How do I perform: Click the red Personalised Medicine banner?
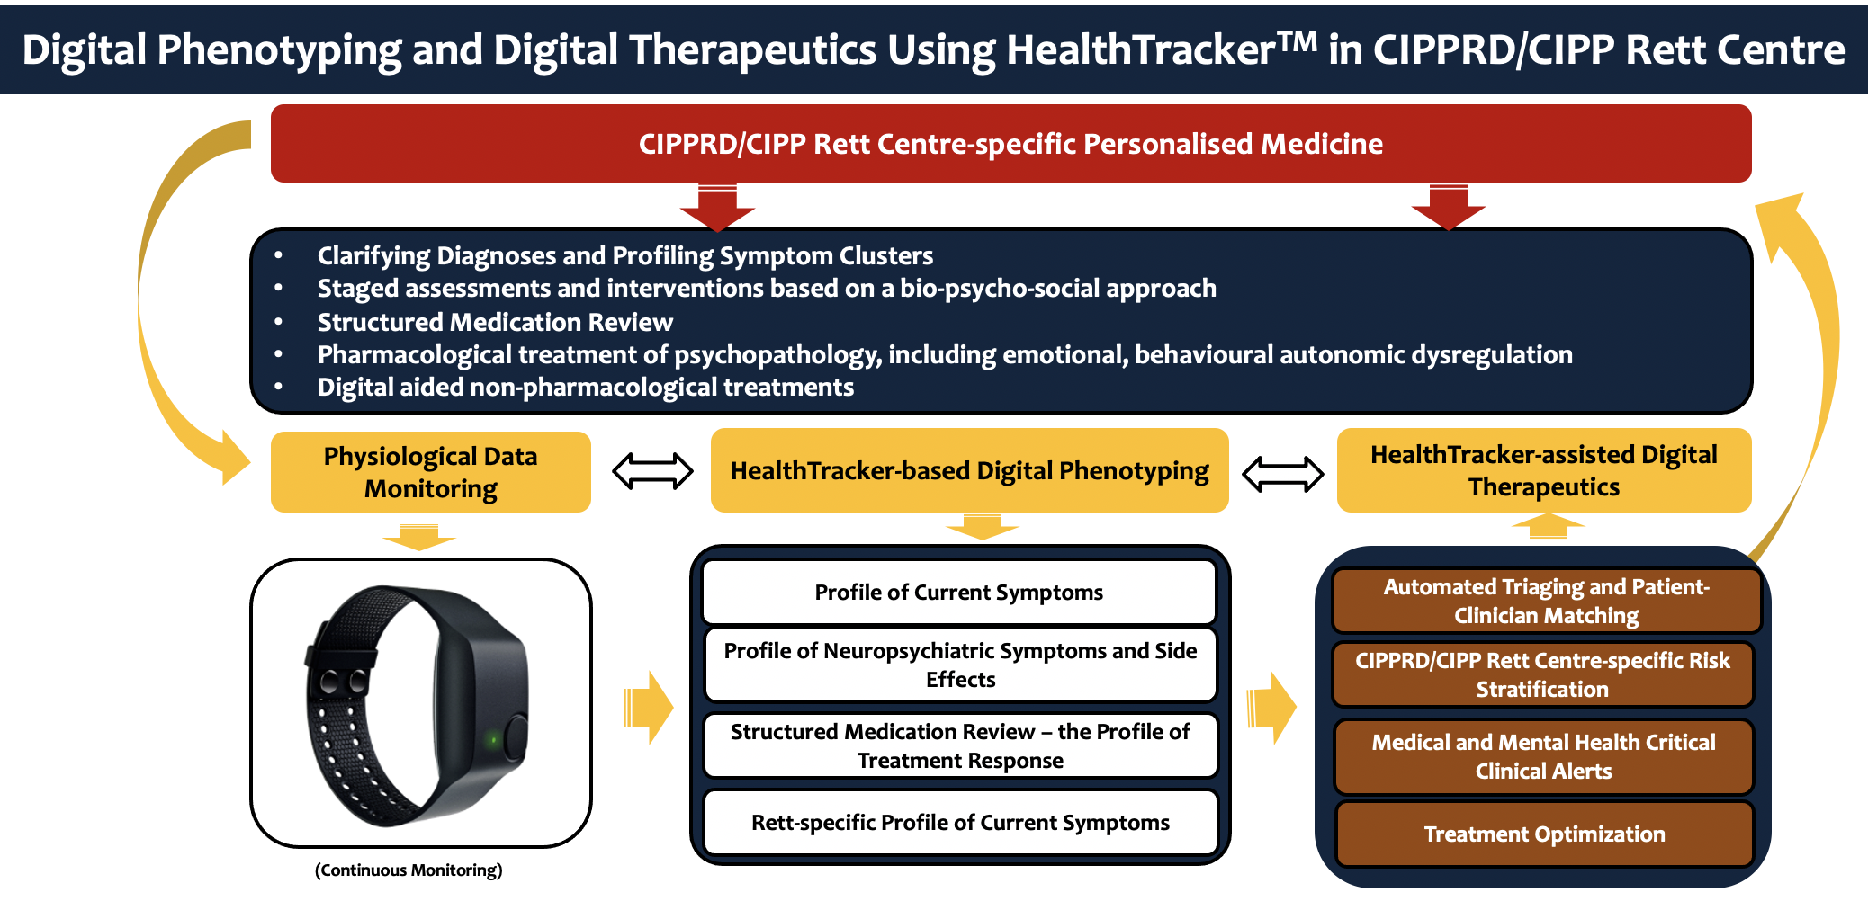pos(1010,144)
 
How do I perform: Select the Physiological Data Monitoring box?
pos(431,472)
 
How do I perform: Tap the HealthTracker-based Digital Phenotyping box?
pos(969,470)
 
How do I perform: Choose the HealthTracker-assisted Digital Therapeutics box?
pos(1544,470)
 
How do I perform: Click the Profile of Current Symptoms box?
pos(959,592)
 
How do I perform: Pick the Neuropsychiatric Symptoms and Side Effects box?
pos(960,665)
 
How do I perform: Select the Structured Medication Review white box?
pos(960,745)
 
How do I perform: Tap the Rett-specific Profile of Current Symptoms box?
pos(960,822)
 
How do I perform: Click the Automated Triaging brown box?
pos(1546,601)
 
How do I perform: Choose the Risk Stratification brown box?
pos(1543,674)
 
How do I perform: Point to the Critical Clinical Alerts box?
pos(1543,756)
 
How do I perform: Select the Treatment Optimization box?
pos(1544,834)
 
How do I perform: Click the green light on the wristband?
pos(492,740)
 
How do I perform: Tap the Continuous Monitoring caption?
pos(409,870)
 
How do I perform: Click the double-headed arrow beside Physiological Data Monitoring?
pos(652,471)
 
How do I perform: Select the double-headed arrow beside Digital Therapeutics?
pos(1282,473)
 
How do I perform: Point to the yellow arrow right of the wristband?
pos(648,707)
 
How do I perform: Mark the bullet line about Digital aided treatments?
pos(586,388)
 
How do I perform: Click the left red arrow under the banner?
pos(717,206)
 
